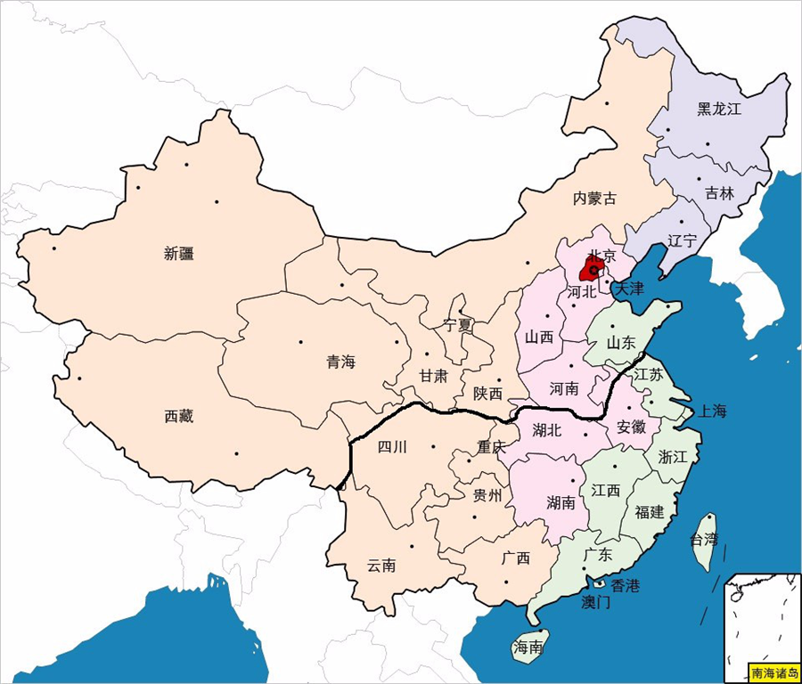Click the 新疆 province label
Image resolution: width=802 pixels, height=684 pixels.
pos(179,253)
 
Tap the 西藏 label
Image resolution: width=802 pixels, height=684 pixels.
pos(179,416)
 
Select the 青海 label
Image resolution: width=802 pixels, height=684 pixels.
pos(340,362)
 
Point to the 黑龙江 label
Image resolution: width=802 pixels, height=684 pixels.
pos(719,109)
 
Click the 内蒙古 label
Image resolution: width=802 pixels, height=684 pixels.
pos(594,198)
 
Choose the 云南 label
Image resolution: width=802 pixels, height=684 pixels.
pos(382,566)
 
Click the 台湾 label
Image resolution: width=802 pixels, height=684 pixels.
pos(704,539)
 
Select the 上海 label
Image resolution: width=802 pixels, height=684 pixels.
pos(713,411)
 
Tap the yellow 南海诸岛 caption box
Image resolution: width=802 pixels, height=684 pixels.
pos(774,672)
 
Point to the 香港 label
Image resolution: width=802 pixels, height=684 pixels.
pos(625,585)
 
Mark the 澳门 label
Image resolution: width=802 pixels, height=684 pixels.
pos(596,603)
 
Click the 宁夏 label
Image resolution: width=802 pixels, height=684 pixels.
pos(459,325)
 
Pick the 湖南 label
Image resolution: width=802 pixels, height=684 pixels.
pos(561,502)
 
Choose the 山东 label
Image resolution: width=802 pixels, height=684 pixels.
pos(621,342)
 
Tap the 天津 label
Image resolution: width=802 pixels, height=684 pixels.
pos(629,289)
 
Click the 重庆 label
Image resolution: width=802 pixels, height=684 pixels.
pos(491,447)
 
